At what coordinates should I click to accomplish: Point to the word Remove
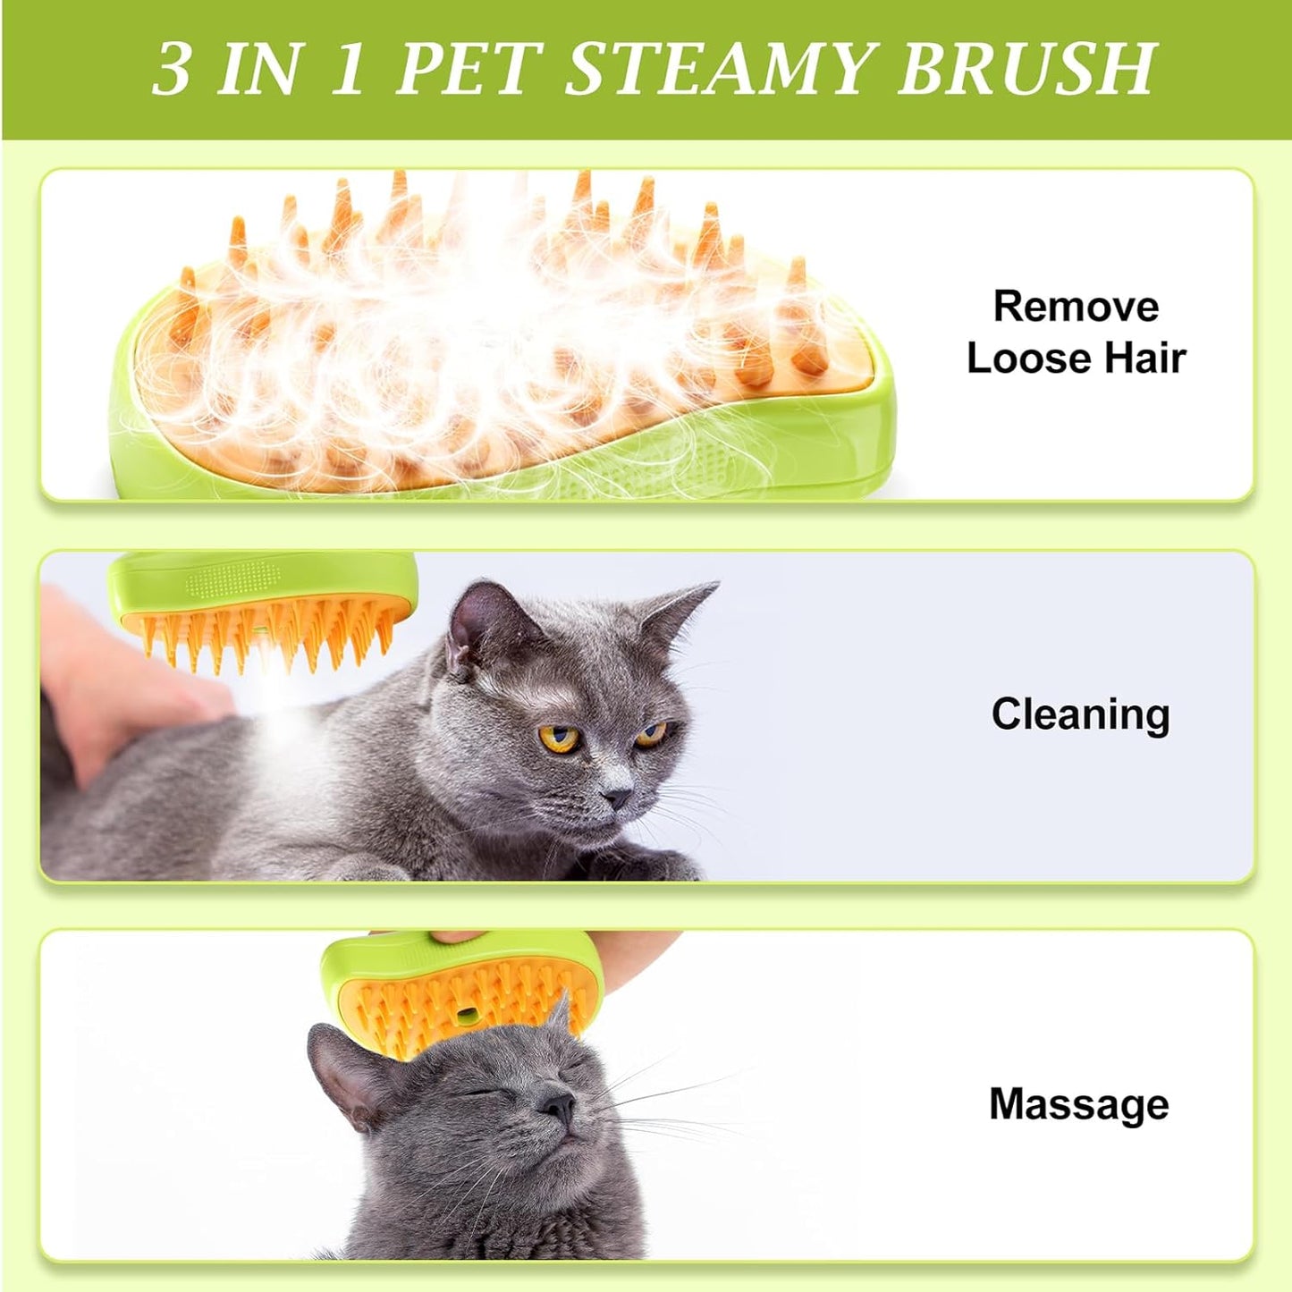pos(1076,307)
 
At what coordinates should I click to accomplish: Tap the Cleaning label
pos(1080,714)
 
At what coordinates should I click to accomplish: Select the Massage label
pos(1078,1104)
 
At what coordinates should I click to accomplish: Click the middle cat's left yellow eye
pos(558,738)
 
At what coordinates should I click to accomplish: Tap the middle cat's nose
pos(616,795)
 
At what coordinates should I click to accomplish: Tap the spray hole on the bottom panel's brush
pos(466,1016)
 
